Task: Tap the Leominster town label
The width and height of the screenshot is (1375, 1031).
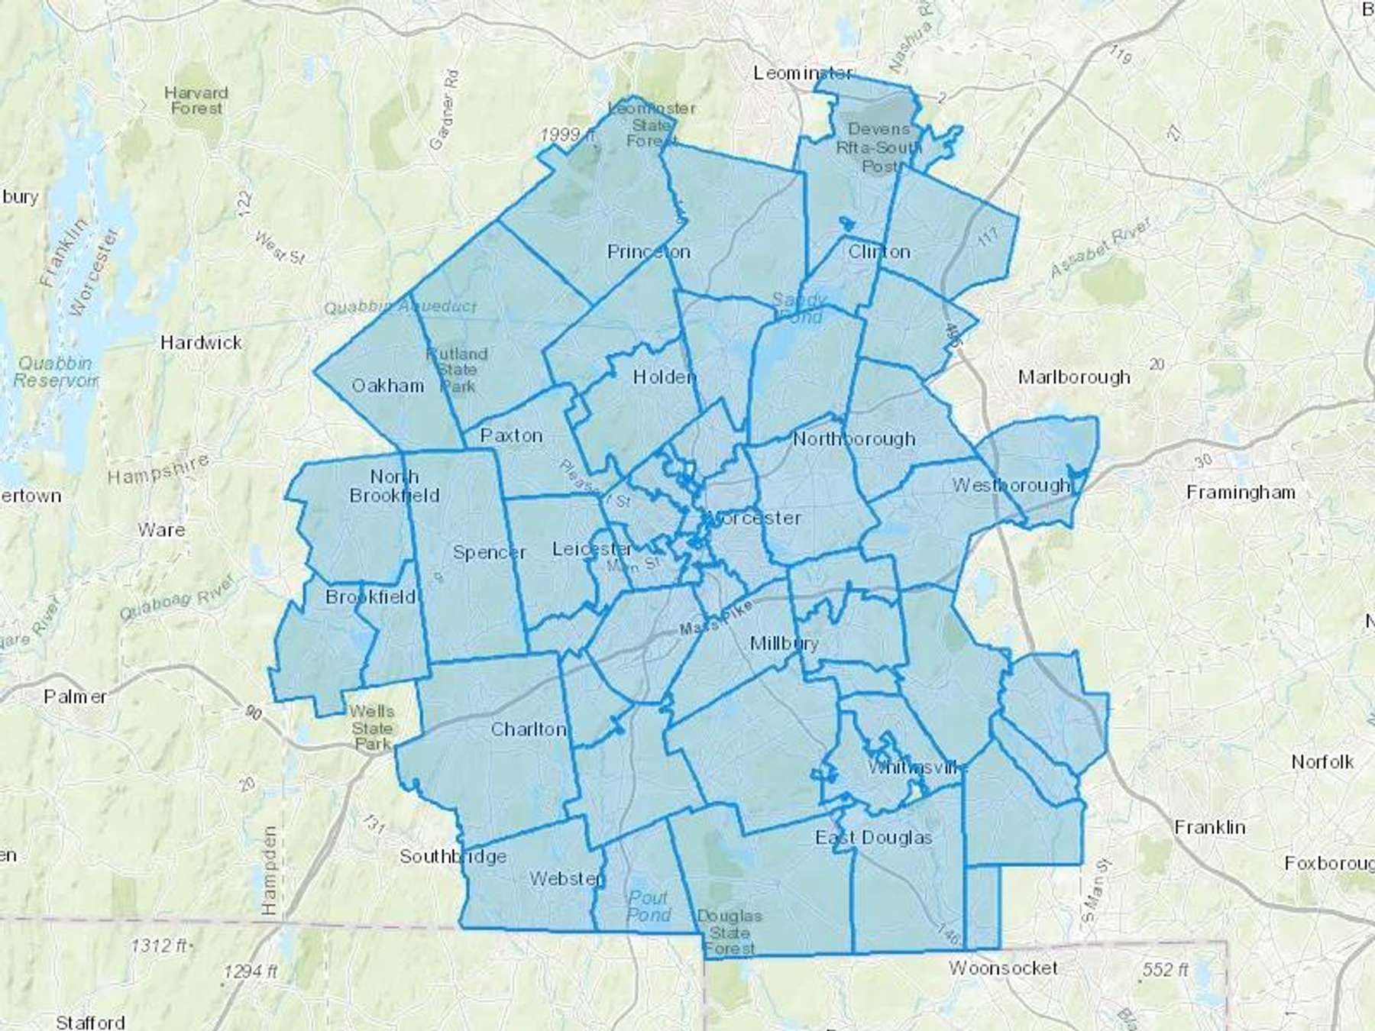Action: [x=802, y=73]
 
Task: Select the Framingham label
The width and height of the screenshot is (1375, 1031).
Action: [x=1241, y=493]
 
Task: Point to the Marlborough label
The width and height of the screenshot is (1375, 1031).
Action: [x=1074, y=377]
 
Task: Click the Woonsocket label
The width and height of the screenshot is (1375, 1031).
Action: [x=1003, y=968]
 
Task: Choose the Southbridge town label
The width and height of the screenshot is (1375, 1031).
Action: [x=453, y=856]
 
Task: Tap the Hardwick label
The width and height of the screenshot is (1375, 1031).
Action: [x=201, y=342]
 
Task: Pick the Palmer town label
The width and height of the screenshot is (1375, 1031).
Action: [x=75, y=696]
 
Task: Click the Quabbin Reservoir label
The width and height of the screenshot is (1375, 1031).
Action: [x=55, y=372]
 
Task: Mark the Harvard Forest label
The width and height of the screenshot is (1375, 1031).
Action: [x=196, y=101]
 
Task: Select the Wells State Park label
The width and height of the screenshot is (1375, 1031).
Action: [x=372, y=727]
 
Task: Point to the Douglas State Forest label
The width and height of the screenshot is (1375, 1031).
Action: [x=730, y=932]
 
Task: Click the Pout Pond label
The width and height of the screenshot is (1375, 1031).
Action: [x=649, y=907]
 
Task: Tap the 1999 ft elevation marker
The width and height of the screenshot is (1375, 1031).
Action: [x=567, y=135]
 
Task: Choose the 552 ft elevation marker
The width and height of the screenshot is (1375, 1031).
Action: [x=1165, y=970]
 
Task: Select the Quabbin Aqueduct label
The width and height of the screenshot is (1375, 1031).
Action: [x=400, y=307]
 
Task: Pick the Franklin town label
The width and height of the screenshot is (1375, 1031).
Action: [x=1209, y=827]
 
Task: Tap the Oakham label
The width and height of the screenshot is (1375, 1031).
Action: [x=387, y=386]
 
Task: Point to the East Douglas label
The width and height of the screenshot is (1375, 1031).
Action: [x=874, y=838]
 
